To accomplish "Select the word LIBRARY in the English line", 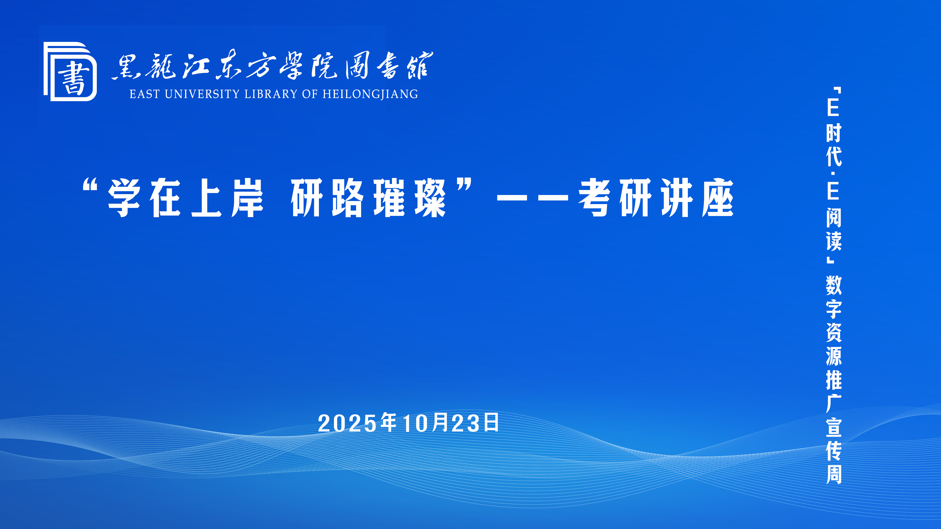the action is point(271,94).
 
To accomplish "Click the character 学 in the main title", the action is point(124,198).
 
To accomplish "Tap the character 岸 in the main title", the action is point(247,198).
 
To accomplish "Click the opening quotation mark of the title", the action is point(90,185).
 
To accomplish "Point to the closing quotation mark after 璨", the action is point(464,185).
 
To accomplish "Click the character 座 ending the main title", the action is point(718,198).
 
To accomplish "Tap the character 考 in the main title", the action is point(594,198).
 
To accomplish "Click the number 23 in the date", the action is point(466,423).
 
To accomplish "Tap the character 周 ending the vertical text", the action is point(834,474).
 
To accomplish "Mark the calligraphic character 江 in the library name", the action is point(196,66).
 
